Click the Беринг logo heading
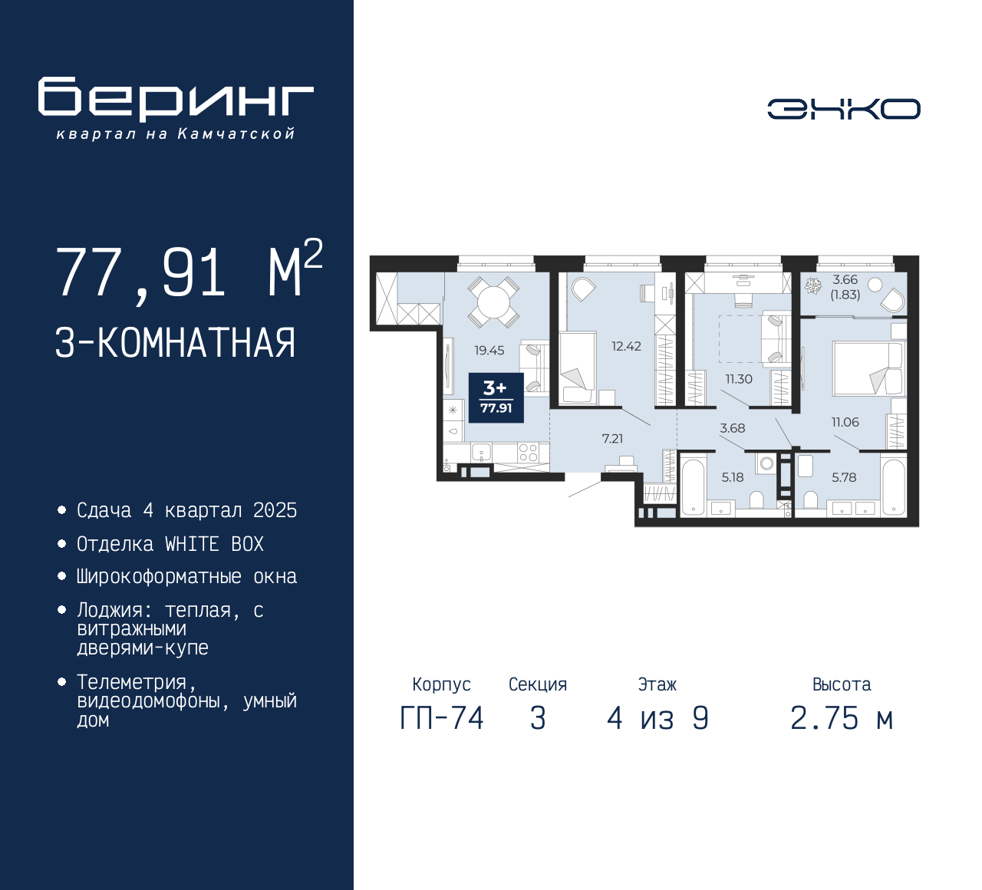coord(176,99)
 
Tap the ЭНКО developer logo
coord(843,109)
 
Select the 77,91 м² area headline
coord(188,272)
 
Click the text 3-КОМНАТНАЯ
coord(175,343)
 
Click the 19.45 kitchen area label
coord(489,351)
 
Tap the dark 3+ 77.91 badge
coord(496,397)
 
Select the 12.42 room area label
coord(626,347)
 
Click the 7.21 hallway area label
coord(612,439)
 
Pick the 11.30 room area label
coord(739,379)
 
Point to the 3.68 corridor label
coord(732,429)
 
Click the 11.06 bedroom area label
coord(845,422)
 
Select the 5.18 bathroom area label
coord(732,477)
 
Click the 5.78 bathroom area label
coord(844,477)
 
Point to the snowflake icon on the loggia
coord(812,286)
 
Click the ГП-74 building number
coord(442,718)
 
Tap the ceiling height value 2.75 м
coord(842,718)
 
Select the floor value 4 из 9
coord(657,718)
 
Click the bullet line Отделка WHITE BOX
coord(170,544)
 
